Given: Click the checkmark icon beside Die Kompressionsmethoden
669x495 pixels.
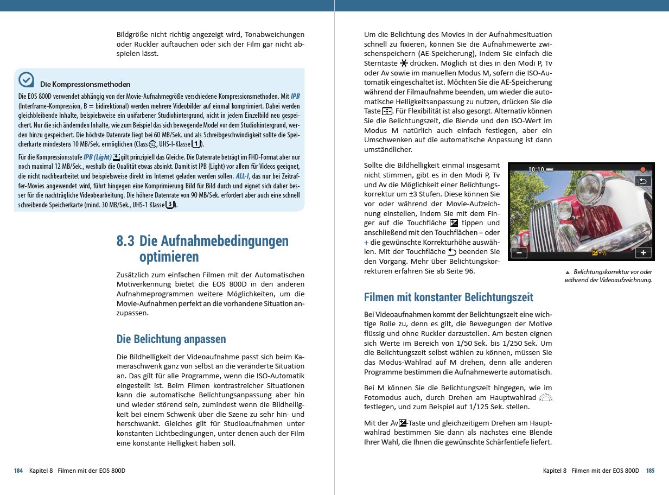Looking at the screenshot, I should point(26,80).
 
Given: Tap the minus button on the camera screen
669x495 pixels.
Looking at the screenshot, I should point(519,253).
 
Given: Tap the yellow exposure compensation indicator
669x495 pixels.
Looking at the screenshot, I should point(599,253).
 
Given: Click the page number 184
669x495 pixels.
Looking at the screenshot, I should point(18,471).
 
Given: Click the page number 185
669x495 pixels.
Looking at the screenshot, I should point(650,471).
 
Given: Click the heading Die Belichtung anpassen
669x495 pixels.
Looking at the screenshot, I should point(171,339).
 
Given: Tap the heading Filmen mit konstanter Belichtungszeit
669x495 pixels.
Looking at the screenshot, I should point(448,297).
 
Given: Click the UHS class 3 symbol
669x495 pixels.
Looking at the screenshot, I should point(170,205).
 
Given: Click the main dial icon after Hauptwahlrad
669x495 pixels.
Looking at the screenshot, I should point(546,397).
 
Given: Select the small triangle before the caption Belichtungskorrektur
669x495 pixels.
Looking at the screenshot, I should point(567,272).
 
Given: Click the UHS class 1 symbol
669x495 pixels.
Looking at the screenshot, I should point(196,144).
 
